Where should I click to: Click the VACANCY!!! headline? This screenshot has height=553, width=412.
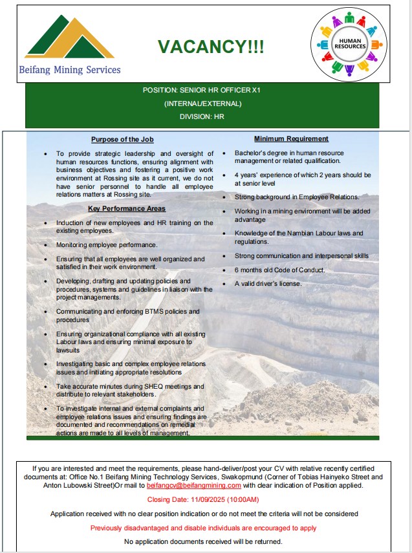[x=211, y=47]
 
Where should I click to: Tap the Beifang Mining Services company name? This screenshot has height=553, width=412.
[x=70, y=69]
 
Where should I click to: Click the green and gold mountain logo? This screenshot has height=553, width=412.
[x=69, y=37]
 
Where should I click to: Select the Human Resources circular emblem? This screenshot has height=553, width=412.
[x=349, y=43]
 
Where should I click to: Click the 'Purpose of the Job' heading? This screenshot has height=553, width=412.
[x=122, y=139]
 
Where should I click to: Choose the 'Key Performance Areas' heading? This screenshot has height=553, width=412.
[x=127, y=208]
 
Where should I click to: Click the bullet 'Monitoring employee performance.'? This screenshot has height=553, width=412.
[x=107, y=245]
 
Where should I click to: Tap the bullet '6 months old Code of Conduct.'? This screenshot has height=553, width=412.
[x=279, y=270]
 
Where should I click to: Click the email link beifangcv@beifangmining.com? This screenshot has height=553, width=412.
[x=194, y=485]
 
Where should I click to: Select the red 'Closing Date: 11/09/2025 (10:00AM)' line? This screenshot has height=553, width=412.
[x=203, y=499]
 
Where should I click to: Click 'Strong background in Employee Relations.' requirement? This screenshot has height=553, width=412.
[x=297, y=197]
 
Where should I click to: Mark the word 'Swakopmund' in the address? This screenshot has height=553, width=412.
[x=235, y=477]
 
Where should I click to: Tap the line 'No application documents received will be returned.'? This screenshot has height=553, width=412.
[x=203, y=541]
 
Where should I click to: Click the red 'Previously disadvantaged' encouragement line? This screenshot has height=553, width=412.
[x=203, y=528]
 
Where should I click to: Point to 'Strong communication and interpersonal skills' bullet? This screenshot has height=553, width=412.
[x=301, y=255]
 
